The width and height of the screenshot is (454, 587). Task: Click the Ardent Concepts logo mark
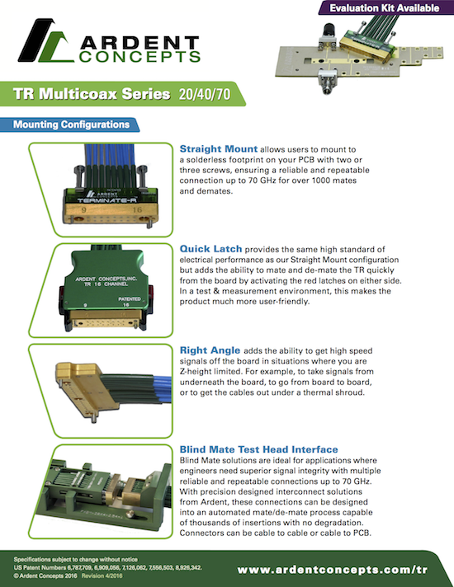point(45,41)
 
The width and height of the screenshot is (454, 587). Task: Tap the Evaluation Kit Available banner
point(385,8)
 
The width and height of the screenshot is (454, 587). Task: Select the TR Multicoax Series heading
point(92,94)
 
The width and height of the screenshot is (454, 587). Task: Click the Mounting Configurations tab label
point(71,124)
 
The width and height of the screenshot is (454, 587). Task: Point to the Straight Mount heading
point(219,149)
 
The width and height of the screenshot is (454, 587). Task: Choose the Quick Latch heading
point(210,249)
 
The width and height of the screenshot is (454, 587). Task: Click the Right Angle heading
point(210,350)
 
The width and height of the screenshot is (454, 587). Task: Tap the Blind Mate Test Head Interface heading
point(258,449)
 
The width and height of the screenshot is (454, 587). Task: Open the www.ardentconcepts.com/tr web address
point(333,570)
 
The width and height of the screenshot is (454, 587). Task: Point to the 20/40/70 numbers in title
point(205,94)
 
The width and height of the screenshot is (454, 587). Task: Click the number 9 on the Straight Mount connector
point(83,210)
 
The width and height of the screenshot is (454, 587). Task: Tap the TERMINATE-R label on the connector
point(106,200)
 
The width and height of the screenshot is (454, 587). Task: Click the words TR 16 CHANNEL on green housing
point(106,284)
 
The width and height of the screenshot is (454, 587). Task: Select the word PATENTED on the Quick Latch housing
point(130,299)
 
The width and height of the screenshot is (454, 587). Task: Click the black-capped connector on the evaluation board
point(328,35)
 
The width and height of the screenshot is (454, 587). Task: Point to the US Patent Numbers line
point(108,567)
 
